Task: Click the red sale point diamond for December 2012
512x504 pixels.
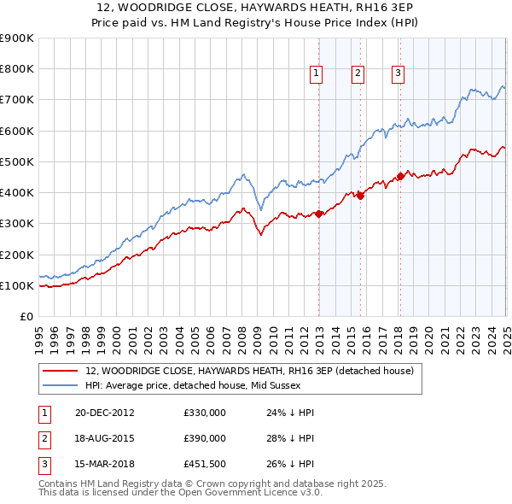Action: (x=319, y=214)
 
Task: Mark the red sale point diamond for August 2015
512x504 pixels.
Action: (x=360, y=196)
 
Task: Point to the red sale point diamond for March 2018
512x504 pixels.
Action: (x=400, y=177)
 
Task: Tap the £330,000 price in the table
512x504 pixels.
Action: (x=205, y=412)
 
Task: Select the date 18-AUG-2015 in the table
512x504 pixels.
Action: (x=105, y=437)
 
